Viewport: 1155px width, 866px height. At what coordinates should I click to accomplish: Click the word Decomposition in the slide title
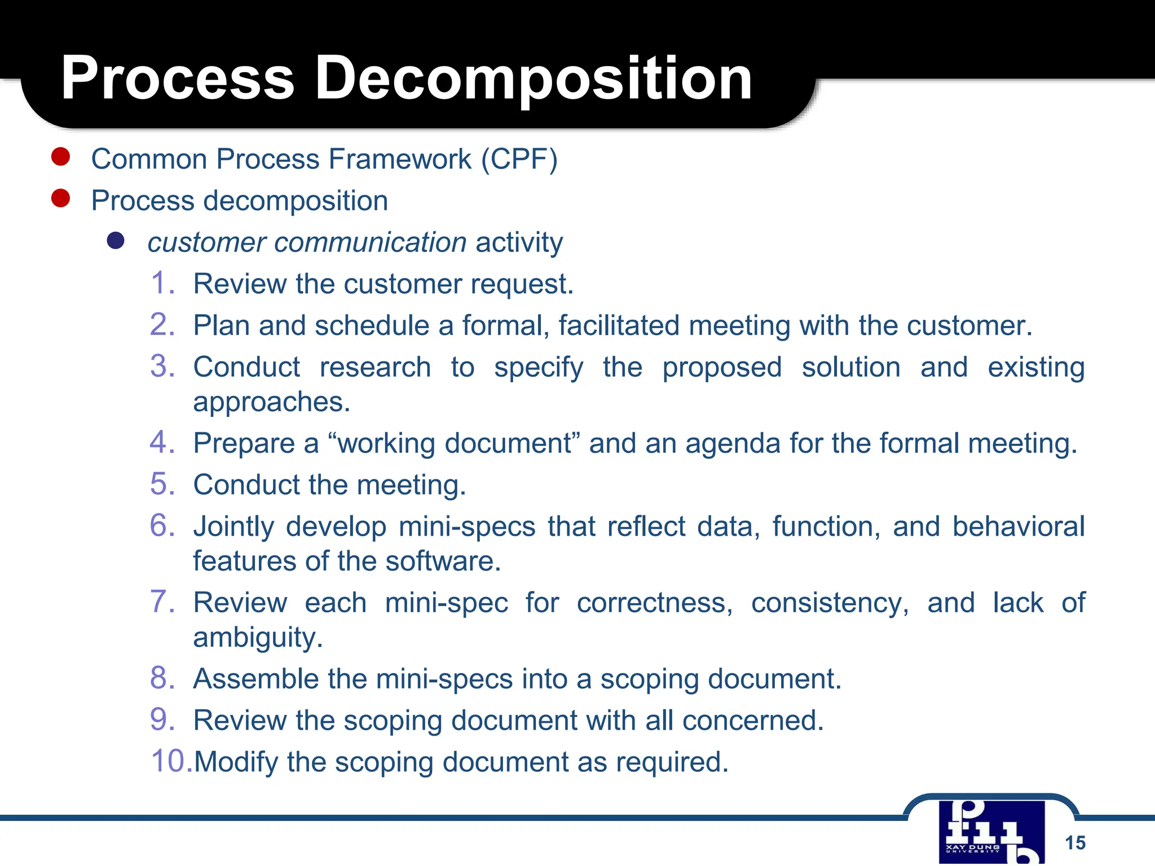[x=534, y=79]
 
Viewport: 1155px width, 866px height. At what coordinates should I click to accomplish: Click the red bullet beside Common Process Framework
[x=60, y=157]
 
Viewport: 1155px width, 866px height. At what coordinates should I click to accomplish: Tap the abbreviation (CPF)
[x=519, y=159]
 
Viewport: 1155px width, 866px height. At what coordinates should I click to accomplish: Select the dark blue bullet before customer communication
[x=116, y=241]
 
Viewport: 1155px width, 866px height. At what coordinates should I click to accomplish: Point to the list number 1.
[x=162, y=283]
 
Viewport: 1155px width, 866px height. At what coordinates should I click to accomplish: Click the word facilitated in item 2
[x=619, y=325]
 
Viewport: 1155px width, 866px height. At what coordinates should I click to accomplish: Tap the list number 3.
[x=162, y=366]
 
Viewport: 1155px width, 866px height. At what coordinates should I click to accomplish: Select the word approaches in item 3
[x=271, y=402]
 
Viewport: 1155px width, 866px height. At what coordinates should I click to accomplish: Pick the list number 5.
[x=162, y=484]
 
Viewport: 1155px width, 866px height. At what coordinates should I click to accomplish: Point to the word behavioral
[x=1018, y=527]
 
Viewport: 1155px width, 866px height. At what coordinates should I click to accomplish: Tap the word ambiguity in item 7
[x=258, y=638]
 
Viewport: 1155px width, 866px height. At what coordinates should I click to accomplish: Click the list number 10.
[x=171, y=761]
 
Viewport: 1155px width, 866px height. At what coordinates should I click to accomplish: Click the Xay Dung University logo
[x=991, y=831]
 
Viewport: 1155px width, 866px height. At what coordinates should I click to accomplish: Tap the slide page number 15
[x=1075, y=843]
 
